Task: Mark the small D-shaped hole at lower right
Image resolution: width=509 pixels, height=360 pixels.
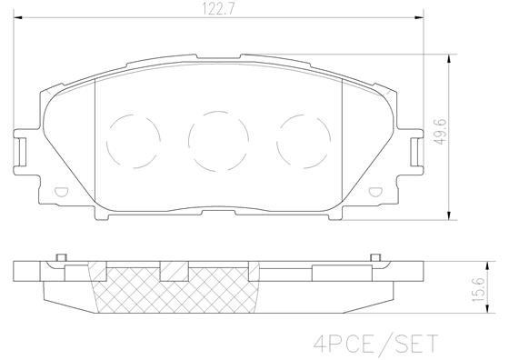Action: pyautogui.click(x=374, y=192)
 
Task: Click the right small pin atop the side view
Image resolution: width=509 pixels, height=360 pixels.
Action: pyautogui.click(x=374, y=257)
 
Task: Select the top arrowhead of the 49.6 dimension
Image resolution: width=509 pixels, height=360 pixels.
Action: pyautogui.click(x=453, y=60)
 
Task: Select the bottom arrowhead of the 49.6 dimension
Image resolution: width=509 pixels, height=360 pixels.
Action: pyautogui.click(x=453, y=215)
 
